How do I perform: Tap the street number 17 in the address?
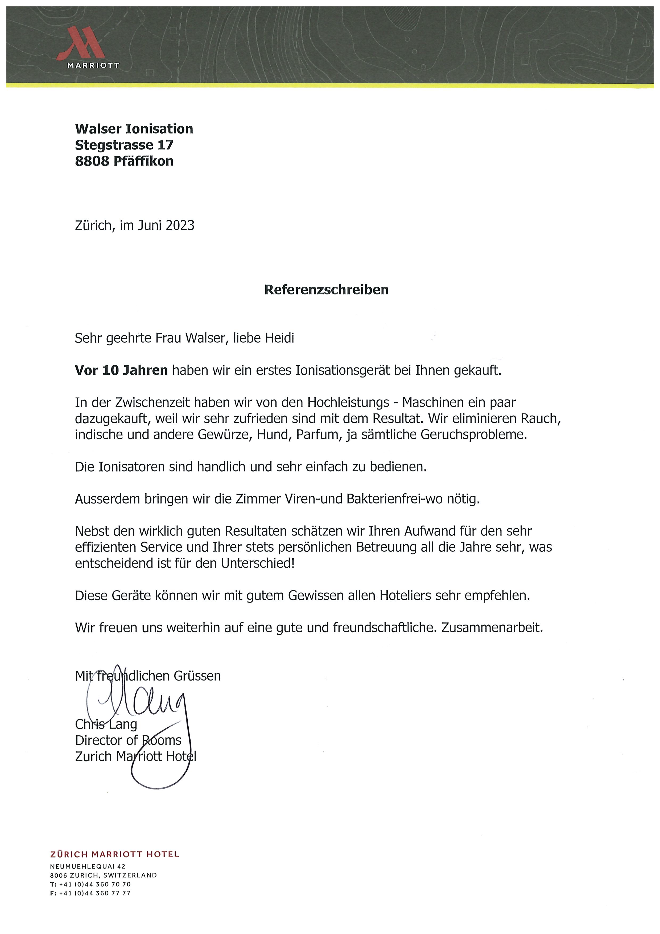click(x=166, y=145)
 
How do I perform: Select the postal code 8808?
click(x=92, y=161)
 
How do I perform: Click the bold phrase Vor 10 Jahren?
click(x=121, y=370)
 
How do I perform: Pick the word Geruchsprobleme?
click(x=474, y=435)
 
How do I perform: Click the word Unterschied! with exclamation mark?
click(x=257, y=563)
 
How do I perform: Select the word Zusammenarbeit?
click(x=492, y=628)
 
